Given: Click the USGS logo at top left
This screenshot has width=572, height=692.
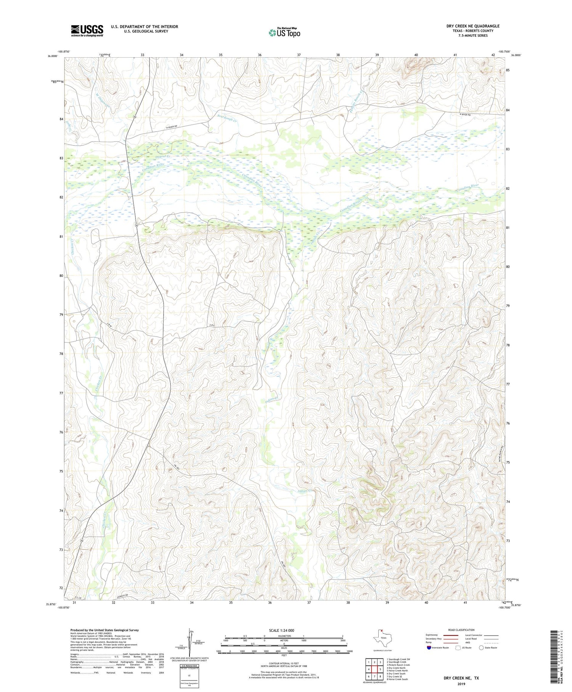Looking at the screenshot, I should point(87,31).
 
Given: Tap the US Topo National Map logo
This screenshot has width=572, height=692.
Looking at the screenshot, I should point(284,32).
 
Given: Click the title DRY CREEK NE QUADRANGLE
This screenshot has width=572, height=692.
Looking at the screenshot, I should point(473,26).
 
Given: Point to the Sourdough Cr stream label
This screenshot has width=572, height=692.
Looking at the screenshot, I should point(227,118).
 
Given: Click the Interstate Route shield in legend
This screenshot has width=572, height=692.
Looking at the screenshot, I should point(429,648).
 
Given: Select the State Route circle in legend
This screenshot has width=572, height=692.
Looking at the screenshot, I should point(481,648).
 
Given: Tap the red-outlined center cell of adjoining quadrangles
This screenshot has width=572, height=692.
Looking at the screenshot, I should point(374,669).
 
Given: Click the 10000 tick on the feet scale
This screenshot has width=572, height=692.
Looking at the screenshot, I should point(349,651).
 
